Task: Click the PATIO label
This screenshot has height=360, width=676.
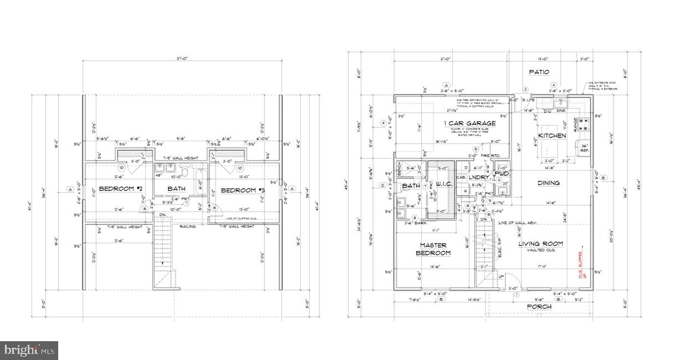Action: [x=539, y=72]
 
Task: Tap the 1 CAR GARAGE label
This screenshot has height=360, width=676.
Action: [x=469, y=123]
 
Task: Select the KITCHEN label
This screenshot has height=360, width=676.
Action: [x=552, y=136]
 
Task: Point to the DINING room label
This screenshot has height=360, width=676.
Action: [x=548, y=183]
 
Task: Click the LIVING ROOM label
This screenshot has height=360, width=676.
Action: [x=540, y=244]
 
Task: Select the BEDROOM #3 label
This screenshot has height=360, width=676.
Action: [x=242, y=191]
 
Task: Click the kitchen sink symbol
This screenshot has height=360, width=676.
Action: [x=560, y=103]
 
